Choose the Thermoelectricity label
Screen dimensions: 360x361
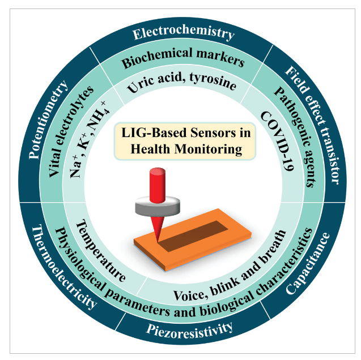[63, 267]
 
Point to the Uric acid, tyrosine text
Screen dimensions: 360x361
[181, 85]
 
